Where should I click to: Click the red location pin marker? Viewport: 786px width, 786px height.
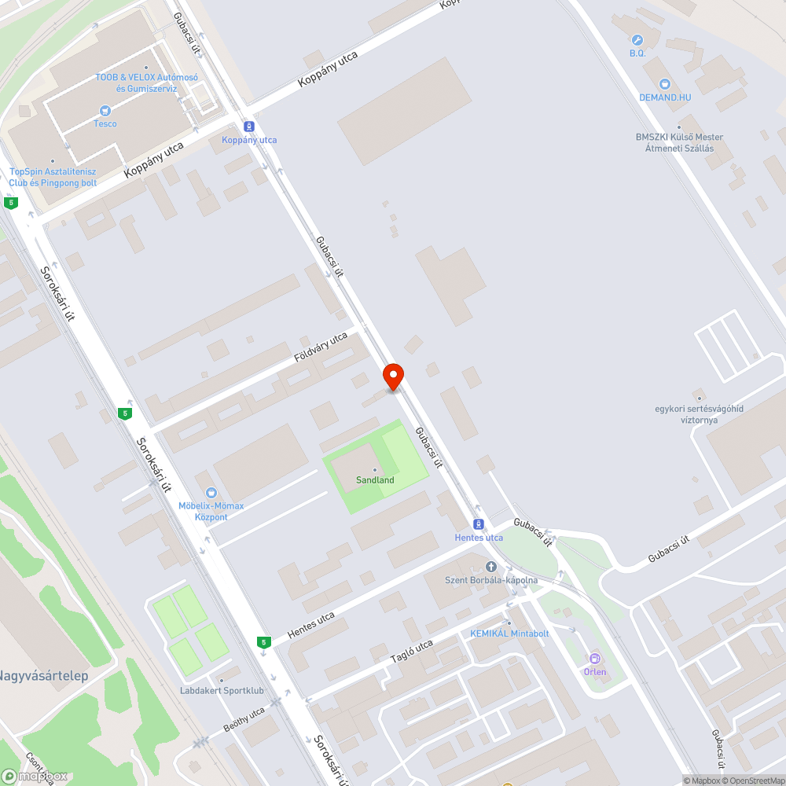[x=393, y=376]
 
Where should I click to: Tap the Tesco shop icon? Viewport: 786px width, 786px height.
[x=105, y=112]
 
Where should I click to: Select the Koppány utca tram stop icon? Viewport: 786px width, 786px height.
[x=249, y=127]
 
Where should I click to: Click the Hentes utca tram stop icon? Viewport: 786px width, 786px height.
[x=478, y=524]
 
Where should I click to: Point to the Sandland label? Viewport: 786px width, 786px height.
[x=375, y=479]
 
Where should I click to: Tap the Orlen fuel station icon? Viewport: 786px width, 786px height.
[x=595, y=659]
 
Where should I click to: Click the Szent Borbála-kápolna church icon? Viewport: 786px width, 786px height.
[x=492, y=567]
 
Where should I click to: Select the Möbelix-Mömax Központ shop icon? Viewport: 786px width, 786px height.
[x=211, y=493]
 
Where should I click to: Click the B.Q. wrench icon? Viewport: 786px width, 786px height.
[x=637, y=39]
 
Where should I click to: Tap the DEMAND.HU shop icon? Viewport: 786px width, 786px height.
[x=665, y=83]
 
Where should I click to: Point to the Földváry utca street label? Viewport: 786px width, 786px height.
[x=321, y=347]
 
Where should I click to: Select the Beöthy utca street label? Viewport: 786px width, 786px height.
[x=244, y=718]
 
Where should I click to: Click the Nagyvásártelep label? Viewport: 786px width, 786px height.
[x=43, y=675]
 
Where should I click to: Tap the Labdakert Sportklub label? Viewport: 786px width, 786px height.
[x=221, y=691]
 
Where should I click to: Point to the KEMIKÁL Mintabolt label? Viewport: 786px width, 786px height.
[x=509, y=633]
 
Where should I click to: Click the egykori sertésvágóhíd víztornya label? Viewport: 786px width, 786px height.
[x=699, y=413]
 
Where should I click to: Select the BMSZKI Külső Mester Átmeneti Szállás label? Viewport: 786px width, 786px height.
[x=679, y=142]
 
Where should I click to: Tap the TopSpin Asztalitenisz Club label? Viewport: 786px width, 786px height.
[x=53, y=177]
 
